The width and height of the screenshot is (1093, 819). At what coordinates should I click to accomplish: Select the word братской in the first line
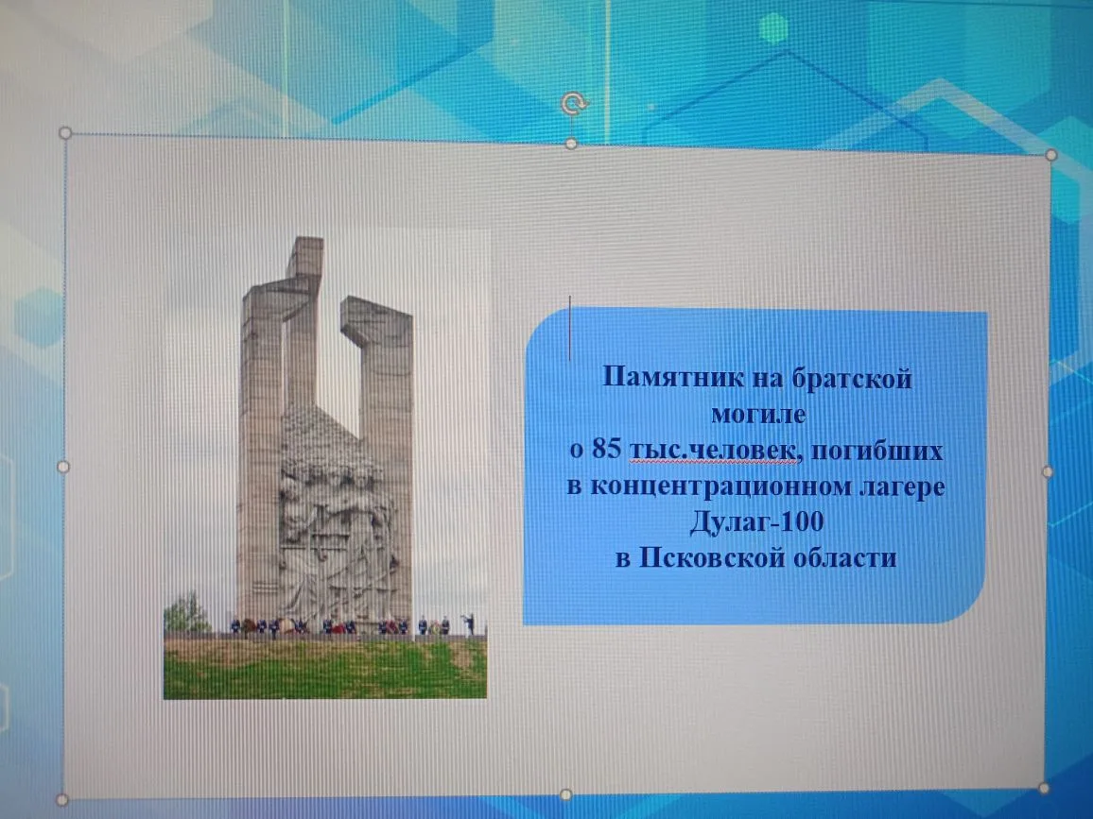coord(852,378)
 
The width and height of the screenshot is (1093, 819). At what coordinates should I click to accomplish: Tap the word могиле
coord(758,414)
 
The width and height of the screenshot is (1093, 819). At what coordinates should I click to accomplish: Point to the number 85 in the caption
coord(606,450)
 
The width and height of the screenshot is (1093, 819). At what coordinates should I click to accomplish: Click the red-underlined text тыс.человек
coord(713,451)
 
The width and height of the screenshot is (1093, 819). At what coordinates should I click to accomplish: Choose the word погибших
coord(876,450)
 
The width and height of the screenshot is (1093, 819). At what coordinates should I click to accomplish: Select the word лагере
coord(902,486)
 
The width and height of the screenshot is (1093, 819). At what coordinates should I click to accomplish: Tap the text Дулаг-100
coord(757,521)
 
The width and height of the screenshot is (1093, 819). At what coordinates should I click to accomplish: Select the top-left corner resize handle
coord(65,132)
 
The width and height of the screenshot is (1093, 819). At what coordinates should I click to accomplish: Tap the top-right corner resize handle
coord(1051,155)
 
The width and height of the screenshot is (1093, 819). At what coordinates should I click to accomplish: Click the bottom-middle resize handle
coord(566,794)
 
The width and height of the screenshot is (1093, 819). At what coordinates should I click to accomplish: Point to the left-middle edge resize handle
coord(62,467)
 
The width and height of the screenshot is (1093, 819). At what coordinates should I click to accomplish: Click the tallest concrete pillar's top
coord(305,240)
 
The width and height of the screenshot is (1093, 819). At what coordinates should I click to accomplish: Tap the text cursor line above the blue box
coord(569,328)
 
